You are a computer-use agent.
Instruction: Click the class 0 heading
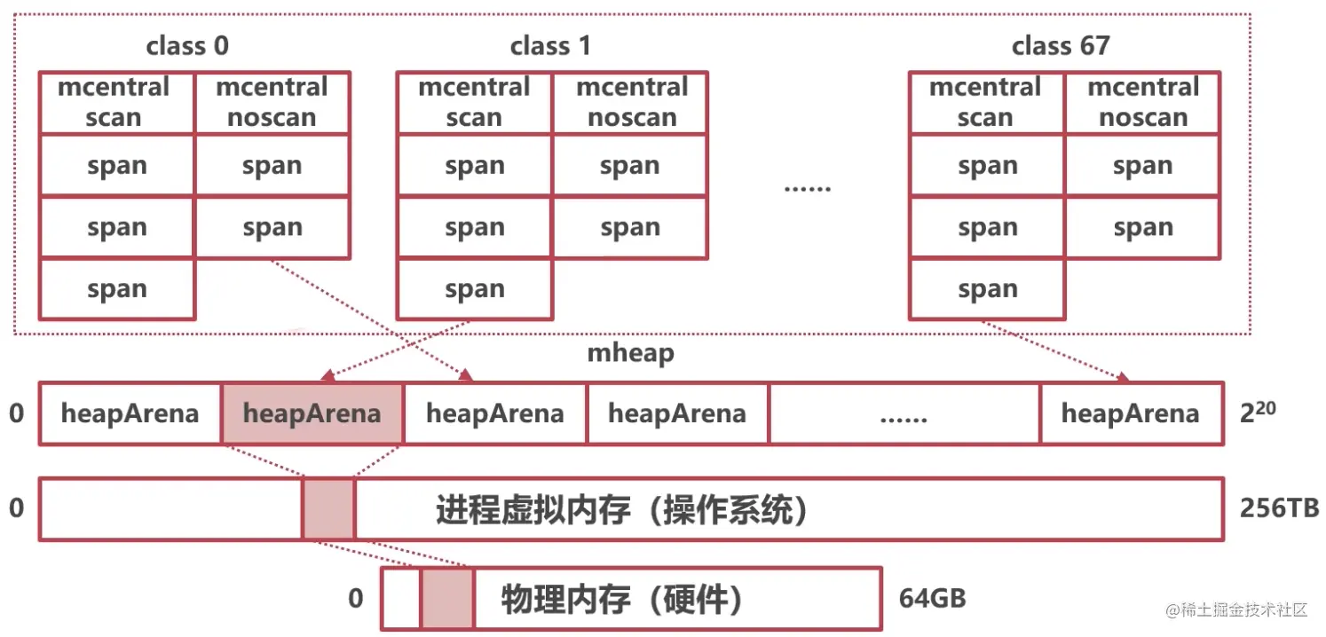coord(187,46)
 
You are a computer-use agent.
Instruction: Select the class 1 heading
coord(550,46)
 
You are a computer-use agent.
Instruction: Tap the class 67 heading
coord(1061,46)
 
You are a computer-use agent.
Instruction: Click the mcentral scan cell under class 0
coord(116,103)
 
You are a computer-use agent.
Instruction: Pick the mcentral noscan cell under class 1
coord(630,103)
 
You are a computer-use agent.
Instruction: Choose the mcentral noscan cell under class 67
coord(1143,103)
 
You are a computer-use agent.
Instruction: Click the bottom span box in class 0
coord(116,289)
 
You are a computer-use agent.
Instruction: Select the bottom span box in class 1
coord(474,289)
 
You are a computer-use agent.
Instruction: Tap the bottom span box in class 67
coord(987,289)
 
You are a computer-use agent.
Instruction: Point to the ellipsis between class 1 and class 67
coord(807,188)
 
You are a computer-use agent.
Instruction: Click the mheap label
coord(630,353)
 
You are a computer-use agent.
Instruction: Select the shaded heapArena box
coord(312,413)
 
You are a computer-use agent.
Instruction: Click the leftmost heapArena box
coord(130,413)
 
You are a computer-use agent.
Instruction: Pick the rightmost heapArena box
coord(1131,413)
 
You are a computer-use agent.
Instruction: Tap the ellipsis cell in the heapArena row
coord(904,414)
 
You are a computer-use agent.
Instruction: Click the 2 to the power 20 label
coord(1259,412)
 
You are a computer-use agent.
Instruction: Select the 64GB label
coord(932,599)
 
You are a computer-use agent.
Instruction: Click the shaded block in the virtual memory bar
coord(328,508)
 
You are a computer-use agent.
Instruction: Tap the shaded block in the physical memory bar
coord(447,599)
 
